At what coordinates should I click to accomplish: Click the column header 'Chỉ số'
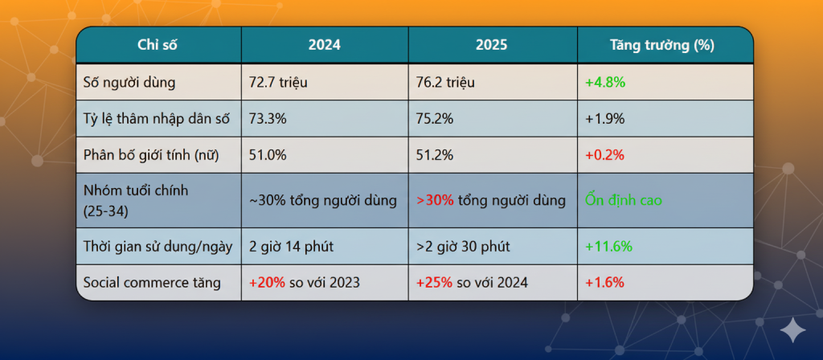(158, 46)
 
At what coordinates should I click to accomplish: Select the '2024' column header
(324, 46)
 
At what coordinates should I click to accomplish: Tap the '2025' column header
(491, 46)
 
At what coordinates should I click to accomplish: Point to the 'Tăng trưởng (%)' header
(664, 46)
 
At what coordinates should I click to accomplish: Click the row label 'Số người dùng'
(129, 82)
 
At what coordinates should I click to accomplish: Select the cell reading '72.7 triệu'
(279, 82)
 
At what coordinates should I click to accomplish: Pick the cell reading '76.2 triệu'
(447, 82)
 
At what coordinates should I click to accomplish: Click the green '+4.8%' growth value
(605, 82)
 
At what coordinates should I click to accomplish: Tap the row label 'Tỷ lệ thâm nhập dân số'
(157, 119)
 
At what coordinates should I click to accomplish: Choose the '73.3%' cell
(268, 119)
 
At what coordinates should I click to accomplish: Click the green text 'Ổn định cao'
(624, 200)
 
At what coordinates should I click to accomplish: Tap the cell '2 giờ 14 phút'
(291, 246)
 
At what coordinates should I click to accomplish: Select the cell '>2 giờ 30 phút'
(462, 246)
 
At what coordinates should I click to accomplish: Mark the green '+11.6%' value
(609, 246)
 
